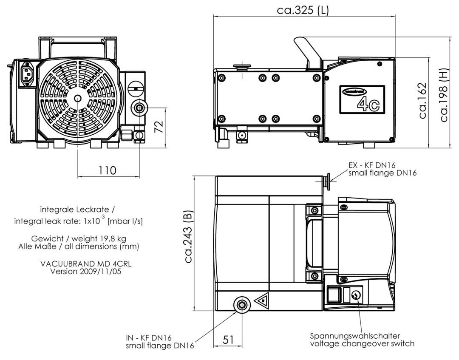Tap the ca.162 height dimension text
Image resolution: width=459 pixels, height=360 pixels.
click(x=422, y=101)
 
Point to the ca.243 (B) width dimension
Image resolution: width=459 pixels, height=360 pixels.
click(x=189, y=236)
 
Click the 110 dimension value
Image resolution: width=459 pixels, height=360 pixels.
click(x=108, y=170)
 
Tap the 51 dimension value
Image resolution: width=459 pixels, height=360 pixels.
click(x=228, y=340)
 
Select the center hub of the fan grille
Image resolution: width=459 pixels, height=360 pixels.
click(x=78, y=98)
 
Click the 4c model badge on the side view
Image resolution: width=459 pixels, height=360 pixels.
click(x=362, y=99)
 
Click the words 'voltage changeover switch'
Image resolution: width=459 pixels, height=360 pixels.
click(x=363, y=343)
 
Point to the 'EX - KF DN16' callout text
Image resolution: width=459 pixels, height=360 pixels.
click(x=372, y=165)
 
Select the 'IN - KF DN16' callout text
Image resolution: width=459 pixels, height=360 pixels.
click(x=149, y=338)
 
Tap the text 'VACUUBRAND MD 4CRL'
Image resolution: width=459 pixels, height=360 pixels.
click(x=86, y=264)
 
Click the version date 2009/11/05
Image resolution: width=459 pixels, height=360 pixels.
click(x=100, y=271)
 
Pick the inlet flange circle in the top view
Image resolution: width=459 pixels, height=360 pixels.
click(x=242, y=305)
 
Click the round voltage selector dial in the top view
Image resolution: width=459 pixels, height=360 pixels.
click(x=355, y=295)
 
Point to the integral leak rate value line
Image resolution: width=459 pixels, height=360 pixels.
click(x=79, y=220)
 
